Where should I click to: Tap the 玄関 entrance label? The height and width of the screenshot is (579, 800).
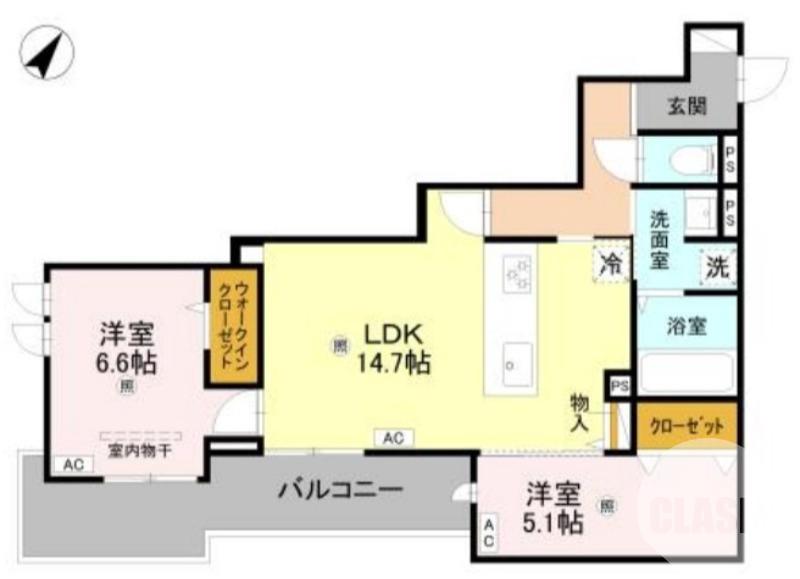click(688, 106)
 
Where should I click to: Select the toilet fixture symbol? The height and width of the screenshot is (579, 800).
click(691, 158)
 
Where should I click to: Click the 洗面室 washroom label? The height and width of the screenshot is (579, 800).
click(659, 239)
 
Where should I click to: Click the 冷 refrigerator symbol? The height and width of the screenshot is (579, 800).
click(611, 264)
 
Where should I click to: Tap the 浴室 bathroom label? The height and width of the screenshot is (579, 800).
click(687, 326)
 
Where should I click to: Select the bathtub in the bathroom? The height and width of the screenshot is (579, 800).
click(687, 371)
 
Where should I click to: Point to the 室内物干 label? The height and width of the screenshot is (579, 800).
click(140, 451)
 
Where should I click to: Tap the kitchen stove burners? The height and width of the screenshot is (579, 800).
click(517, 274)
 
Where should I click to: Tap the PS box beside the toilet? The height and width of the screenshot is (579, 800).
click(729, 158)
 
